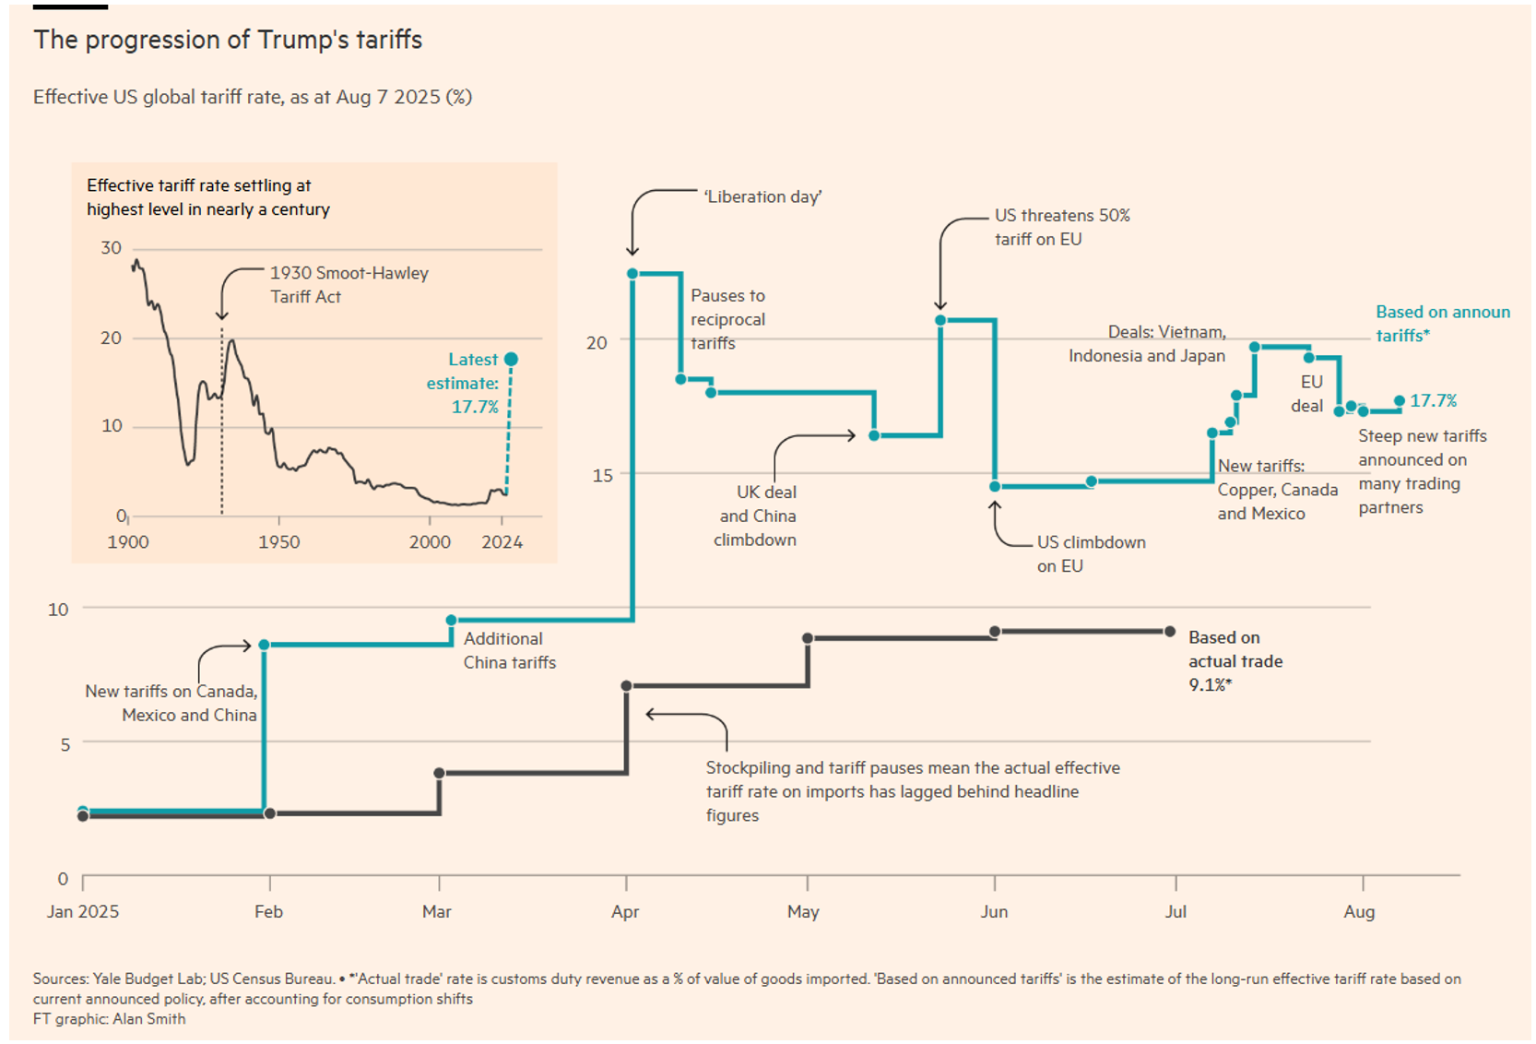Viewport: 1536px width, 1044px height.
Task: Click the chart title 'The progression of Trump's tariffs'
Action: coord(228,40)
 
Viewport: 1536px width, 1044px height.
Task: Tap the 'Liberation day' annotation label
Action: coord(762,196)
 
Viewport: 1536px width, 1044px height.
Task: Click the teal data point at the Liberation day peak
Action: coord(632,274)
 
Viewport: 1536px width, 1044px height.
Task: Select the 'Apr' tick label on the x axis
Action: coord(625,912)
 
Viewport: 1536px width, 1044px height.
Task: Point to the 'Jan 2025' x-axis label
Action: coord(83,912)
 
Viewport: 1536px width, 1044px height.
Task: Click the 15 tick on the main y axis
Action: coord(602,476)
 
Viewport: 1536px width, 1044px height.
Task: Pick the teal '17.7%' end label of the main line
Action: coord(1433,401)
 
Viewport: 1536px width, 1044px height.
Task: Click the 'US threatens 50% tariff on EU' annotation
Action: coord(1061,227)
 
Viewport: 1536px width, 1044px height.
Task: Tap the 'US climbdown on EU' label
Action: coord(1091,553)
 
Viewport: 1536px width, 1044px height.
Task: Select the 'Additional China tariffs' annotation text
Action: coord(509,650)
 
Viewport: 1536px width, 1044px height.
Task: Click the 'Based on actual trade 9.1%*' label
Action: coord(1235,661)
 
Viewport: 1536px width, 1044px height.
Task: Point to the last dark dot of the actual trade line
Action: coord(1170,632)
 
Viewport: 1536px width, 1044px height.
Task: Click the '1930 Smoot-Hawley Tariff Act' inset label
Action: coord(349,284)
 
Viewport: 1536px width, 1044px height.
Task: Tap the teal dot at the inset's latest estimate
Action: coord(512,359)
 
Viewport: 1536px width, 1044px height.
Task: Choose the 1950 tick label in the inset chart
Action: coord(279,542)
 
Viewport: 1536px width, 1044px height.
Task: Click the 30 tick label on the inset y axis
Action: coord(112,248)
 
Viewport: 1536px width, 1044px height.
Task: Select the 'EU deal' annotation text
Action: coord(1309,394)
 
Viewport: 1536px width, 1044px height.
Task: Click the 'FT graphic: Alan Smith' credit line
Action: coord(110,1019)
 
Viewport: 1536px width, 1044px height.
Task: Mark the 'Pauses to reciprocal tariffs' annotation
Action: coord(727,319)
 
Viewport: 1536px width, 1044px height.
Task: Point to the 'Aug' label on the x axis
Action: coord(1359,912)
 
